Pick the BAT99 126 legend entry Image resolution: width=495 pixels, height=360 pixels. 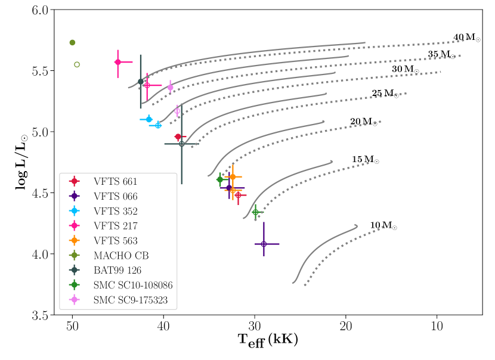115,271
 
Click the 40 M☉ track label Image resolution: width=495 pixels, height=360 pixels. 466,38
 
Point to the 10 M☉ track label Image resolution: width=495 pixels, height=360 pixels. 383,225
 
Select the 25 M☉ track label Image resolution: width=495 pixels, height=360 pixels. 385,94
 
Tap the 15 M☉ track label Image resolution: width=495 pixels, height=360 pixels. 365,160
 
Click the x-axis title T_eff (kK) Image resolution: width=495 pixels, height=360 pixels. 268,341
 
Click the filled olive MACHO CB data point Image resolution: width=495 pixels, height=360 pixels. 72,42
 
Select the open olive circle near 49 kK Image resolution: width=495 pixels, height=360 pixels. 77,64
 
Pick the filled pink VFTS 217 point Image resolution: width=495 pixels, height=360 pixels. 117,62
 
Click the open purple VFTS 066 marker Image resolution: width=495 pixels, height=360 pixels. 264,244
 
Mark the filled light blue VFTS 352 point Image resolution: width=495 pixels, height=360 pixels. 148,119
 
